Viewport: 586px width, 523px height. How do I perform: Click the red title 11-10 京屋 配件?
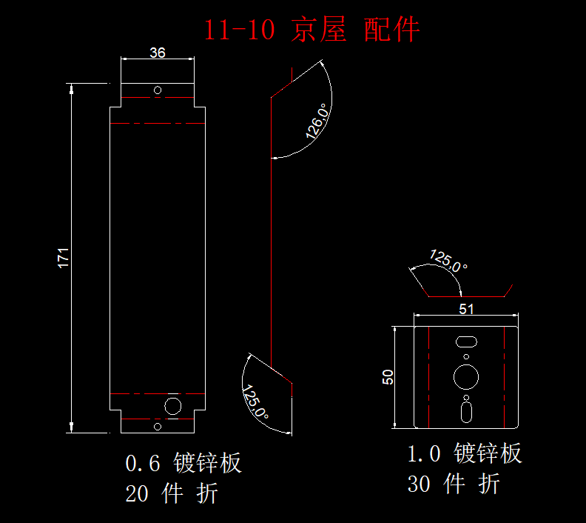[311, 30]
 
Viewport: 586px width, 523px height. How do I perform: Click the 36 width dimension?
[158, 53]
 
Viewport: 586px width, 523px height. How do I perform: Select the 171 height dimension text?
[64, 257]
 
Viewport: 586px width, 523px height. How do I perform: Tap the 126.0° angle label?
[317, 121]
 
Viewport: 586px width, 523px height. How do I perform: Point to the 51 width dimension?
[466, 310]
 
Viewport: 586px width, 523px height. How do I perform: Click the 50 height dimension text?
[387, 376]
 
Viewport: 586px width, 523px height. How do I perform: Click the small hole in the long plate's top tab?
[158, 90]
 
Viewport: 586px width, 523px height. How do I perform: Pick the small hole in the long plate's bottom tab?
[158, 426]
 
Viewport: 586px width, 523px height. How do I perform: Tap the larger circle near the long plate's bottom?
[173, 406]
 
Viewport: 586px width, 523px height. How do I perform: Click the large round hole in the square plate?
[466, 376]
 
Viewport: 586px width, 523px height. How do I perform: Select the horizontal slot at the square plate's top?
[466, 341]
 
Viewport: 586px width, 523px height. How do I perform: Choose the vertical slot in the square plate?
[466, 410]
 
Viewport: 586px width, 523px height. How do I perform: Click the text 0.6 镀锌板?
[183, 464]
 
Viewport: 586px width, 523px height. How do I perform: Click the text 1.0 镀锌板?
[465, 453]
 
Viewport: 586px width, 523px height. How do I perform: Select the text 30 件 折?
[454, 484]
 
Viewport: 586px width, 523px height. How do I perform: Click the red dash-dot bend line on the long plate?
[158, 122]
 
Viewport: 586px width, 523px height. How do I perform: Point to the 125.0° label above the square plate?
[448, 261]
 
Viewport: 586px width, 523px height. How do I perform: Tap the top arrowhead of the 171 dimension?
[72, 90]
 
